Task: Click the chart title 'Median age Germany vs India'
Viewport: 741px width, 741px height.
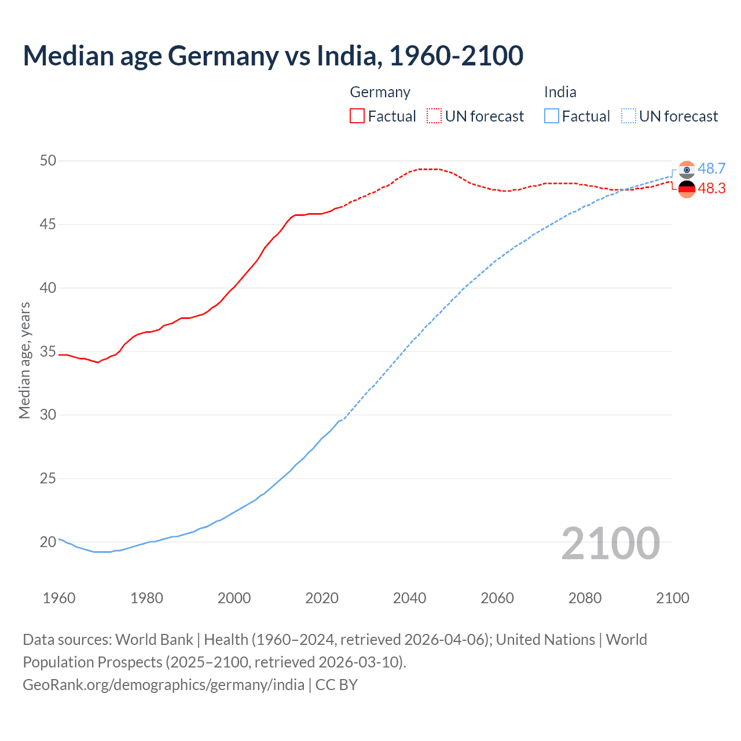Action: (273, 56)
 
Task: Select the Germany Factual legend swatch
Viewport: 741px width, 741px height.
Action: (357, 116)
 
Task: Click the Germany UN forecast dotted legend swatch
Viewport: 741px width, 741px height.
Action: (434, 116)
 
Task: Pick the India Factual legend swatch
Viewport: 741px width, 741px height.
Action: (552, 116)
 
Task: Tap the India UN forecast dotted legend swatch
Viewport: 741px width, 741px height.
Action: (629, 116)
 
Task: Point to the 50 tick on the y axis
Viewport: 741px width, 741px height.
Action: (48, 160)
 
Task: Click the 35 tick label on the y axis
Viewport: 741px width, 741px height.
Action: (48, 351)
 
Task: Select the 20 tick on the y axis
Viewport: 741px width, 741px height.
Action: (48, 542)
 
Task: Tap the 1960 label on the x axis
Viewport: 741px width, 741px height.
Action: (59, 598)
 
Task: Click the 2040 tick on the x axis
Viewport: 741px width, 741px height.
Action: (409, 598)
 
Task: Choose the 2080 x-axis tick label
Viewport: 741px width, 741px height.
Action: (585, 598)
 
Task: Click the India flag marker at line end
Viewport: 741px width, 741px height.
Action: (687, 170)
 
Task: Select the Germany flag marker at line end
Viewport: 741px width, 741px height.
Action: (687, 189)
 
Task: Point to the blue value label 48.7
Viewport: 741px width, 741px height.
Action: (711, 168)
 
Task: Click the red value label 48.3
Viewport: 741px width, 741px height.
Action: (711, 189)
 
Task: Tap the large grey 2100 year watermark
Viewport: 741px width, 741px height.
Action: (610, 543)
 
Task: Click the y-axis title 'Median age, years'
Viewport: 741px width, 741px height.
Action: (24, 360)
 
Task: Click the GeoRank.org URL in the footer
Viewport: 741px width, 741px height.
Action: (163, 685)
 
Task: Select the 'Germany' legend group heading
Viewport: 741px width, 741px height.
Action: (380, 92)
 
